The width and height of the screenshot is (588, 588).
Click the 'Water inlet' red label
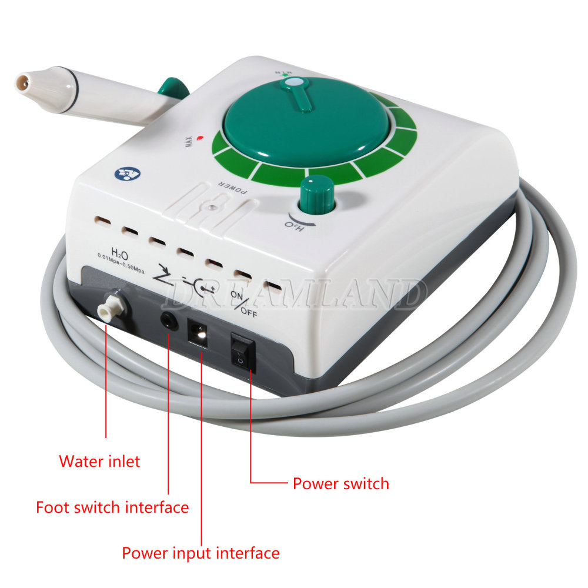click(100, 461)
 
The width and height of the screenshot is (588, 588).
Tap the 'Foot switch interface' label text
click(112, 507)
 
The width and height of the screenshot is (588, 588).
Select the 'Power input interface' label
click(201, 553)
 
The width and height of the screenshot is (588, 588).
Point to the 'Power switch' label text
click(341, 484)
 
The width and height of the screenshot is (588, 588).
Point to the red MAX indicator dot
click(200, 138)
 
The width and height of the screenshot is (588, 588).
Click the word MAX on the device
click(189, 143)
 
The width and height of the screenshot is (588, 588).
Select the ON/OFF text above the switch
click(243, 303)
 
